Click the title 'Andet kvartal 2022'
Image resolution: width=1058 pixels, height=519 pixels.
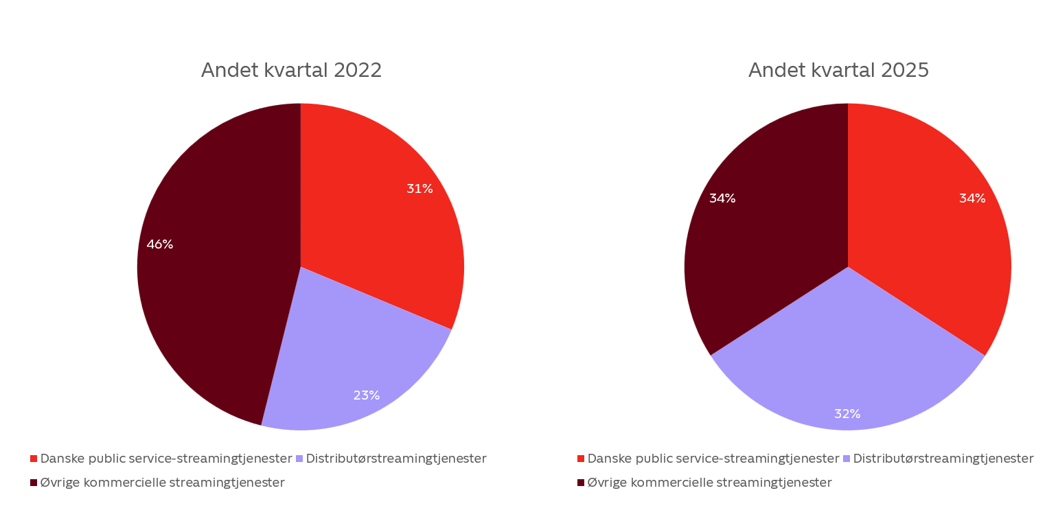pos(291,71)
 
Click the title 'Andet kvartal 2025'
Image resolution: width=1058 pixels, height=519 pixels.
pos(838,71)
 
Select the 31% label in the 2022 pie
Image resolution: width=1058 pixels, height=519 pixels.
pos(419,189)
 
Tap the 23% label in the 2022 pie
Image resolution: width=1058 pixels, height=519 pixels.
pos(366,395)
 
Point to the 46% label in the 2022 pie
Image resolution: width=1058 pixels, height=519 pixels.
pos(159,244)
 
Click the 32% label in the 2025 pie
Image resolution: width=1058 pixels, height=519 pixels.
pos(847,414)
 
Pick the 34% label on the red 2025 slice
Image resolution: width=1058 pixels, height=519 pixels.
pos(971,198)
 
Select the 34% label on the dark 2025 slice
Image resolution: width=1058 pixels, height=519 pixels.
pos(722,198)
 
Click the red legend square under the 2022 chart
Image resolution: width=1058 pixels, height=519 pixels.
pos(34,459)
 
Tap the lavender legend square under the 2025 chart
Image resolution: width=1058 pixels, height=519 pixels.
pos(847,459)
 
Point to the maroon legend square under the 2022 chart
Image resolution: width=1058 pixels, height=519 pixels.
pos(34,483)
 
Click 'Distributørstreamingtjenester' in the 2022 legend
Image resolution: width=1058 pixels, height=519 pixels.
pos(396,459)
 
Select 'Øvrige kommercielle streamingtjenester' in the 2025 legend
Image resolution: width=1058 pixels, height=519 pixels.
pos(709,483)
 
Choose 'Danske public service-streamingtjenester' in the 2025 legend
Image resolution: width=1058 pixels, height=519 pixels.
pos(713,459)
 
